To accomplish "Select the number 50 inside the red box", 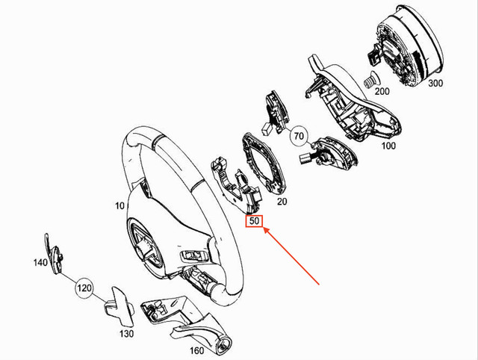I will click(x=254, y=222).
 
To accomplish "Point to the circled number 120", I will click(x=84, y=286).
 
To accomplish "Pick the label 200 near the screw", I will click(x=382, y=91).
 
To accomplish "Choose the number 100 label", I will click(x=388, y=146).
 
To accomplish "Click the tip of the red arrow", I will click(x=263, y=231).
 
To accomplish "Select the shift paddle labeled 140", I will click(x=52, y=250).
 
